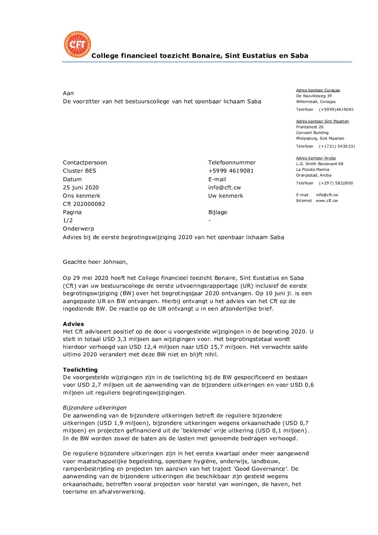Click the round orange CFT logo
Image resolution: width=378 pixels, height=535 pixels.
coord(77,44)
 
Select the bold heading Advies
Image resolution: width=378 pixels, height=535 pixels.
coord(73,324)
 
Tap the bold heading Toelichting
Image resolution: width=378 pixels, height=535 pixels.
coord(80,370)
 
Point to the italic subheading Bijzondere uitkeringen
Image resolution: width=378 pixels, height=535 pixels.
coord(95,407)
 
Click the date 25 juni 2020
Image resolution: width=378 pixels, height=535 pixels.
coord(81,187)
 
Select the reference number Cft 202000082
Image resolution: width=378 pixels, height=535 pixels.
coord(84,204)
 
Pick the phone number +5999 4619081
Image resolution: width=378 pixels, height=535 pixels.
coord(231,170)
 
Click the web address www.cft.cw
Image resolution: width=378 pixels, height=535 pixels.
coord(327,200)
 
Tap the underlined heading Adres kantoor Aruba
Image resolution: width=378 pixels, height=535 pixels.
coord(316,158)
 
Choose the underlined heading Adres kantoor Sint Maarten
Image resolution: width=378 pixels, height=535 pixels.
coord(322,121)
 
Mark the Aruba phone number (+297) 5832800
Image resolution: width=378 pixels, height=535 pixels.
coord(336,183)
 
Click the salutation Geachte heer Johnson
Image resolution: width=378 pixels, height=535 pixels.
coord(95,262)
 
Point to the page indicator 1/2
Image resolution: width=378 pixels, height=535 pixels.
coord(68,220)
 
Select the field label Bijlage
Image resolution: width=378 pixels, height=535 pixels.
coord(218,212)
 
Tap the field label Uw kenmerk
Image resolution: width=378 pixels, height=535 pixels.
coord(225,195)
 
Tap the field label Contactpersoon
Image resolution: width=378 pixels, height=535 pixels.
coord(85,162)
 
